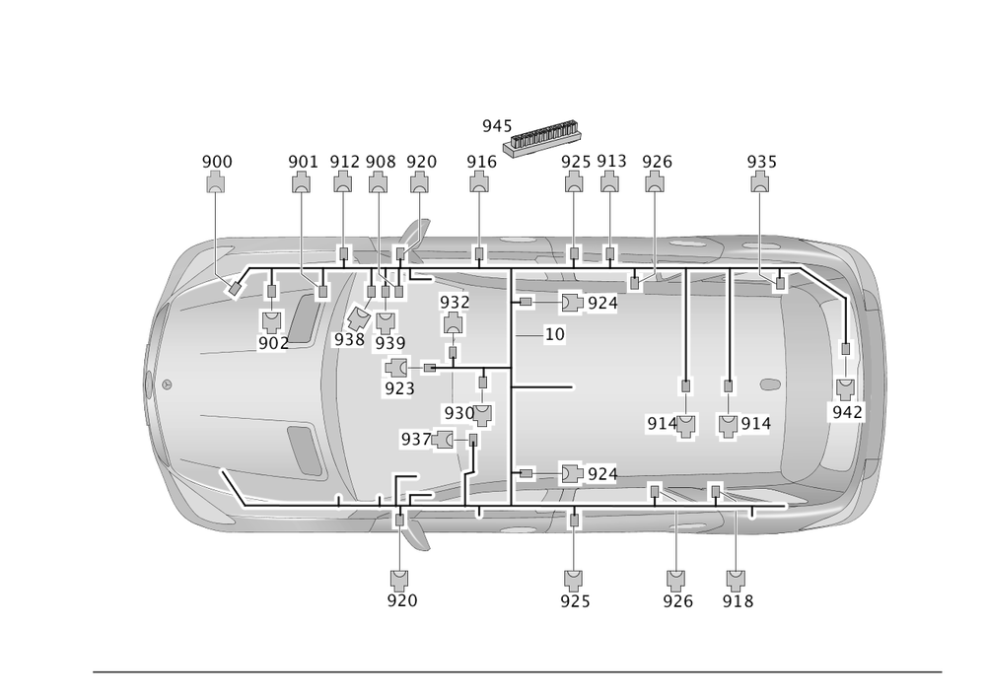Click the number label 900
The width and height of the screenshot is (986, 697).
[216, 161]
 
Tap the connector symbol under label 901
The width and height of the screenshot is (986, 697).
[302, 182]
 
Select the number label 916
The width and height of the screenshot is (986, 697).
[480, 161]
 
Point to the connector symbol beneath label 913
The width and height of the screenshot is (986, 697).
[610, 182]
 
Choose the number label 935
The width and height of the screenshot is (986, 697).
[760, 161]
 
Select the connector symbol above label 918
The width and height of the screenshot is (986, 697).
[735, 578]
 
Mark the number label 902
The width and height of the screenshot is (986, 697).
[272, 343]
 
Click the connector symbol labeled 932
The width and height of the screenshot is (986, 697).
[454, 322]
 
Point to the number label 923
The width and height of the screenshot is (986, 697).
[398, 388]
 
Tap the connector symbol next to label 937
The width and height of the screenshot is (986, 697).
[443, 440]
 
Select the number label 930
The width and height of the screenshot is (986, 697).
[458, 412]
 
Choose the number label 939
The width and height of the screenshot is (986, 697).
[388, 342]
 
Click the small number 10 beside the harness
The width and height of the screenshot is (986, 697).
[555, 335]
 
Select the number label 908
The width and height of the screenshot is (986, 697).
[380, 161]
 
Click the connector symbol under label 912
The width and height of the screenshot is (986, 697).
[343, 182]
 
